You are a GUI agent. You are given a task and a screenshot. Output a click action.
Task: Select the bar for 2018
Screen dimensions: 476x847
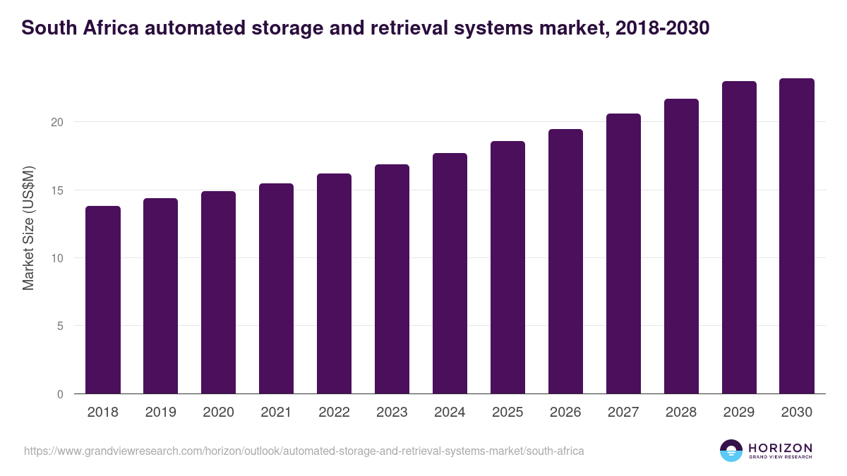coord(103,300)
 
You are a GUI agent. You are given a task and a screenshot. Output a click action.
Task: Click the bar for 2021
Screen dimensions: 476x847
coord(276,288)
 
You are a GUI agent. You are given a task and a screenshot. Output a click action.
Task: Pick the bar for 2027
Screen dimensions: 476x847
coord(623,254)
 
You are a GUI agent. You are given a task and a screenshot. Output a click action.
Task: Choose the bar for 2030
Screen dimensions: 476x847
coord(797,236)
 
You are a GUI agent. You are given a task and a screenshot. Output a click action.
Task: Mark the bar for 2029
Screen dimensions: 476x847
coord(739,238)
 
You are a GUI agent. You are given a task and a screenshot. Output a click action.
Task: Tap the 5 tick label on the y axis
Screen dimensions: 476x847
coord(60,327)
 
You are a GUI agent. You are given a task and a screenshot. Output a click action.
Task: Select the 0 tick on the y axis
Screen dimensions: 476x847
coord(60,394)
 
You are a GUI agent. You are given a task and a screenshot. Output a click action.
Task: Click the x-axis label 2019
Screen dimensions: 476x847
coord(160,413)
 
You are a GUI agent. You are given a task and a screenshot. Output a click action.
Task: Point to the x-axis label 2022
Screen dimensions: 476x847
coord(334,413)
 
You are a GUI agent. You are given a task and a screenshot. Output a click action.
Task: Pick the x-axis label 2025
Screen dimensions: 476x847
coord(507,413)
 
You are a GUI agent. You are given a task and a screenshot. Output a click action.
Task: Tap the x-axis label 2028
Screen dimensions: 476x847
coord(681,413)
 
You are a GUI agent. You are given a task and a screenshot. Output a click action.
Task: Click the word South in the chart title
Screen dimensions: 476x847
coord(47,28)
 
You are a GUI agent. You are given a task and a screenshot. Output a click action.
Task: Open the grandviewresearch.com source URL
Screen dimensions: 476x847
coord(304,451)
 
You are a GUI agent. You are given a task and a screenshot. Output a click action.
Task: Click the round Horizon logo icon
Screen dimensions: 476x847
coord(731,451)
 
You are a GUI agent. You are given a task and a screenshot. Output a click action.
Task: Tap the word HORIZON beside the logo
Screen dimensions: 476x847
coord(780,448)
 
